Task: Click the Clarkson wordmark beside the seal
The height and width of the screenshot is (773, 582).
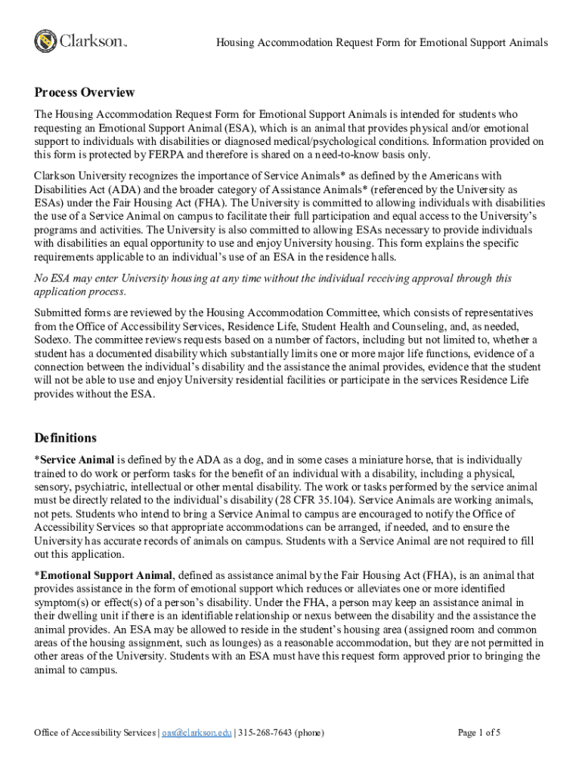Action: tap(89, 41)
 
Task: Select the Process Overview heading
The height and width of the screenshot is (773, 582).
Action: tap(85, 93)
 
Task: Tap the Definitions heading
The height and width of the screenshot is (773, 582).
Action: tap(66, 438)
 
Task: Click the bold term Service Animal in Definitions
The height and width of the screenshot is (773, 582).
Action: tap(77, 460)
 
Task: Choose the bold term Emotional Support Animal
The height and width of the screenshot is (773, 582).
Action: tap(107, 575)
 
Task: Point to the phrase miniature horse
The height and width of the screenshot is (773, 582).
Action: tap(367, 460)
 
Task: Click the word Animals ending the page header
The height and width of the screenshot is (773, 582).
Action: tap(526, 42)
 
